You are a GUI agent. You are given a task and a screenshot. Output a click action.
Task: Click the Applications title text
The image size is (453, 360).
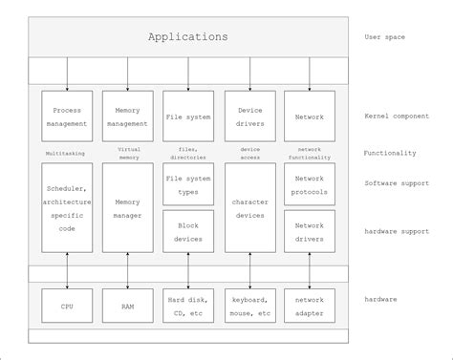coord(188,37)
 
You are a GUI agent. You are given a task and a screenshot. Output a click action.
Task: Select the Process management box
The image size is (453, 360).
coord(67,116)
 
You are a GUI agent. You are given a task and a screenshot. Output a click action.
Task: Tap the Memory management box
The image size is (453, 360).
coord(128,116)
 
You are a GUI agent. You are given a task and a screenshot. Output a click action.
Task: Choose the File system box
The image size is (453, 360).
coord(188,116)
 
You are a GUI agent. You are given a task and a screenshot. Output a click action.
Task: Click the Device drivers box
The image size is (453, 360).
coord(249,116)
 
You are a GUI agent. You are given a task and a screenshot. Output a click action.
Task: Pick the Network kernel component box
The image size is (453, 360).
coord(310,116)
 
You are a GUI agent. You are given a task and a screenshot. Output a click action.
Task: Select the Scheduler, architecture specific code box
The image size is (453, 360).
coord(67,207)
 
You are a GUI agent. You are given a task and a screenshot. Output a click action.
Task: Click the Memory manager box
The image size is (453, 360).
coord(128,207)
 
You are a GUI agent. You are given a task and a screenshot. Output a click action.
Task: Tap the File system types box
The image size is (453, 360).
coord(188,184)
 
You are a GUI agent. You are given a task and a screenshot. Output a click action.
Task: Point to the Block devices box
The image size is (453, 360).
coord(188,232)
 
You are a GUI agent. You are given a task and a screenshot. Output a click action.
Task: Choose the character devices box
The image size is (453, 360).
coord(249,207)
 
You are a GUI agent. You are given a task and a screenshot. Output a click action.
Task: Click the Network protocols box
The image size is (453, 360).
coord(310,184)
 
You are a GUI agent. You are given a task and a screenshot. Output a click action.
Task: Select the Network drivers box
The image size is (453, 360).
coord(310,232)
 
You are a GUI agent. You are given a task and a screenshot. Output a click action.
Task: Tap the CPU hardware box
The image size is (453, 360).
coord(67,306)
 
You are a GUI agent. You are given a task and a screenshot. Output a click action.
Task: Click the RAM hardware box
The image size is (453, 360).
coord(128,306)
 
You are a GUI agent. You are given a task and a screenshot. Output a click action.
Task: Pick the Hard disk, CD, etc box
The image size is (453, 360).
coord(188,306)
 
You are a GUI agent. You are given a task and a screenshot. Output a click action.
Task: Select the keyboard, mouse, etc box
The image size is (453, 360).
coord(249,306)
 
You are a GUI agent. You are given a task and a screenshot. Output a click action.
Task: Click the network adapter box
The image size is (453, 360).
coord(310,306)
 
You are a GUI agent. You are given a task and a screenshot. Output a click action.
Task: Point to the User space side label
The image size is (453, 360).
coord(385,37)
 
